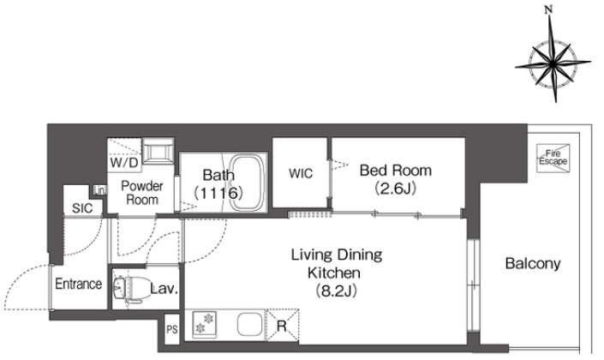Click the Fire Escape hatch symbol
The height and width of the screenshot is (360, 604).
click(x=553, y=158)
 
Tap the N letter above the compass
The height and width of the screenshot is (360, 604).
click(x=548, y=10)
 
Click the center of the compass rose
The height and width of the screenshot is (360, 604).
click(x=553, y=63)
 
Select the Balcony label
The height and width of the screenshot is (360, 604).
click(x=533, y=264)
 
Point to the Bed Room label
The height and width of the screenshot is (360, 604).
click(x=396, y=170)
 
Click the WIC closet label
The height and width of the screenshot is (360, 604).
click(x=301, y=173)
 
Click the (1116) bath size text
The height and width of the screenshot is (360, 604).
click(x=218, y=193)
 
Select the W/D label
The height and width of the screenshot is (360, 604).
click(x=124, y=163)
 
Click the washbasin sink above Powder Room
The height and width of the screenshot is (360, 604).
click(x=158, y=152)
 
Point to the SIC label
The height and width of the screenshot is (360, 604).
click(x=82, y=208)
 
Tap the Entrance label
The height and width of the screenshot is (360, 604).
click(x=79, y=284)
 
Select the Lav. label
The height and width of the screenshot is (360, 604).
click(x=164, y=289)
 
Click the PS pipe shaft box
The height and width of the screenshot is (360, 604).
click(x=172, y=330)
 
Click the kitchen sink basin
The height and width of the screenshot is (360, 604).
click(x=249, y=324)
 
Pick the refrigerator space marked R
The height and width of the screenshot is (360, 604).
click(x=283, y=325)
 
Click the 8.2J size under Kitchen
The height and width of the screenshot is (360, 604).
click(x=336, y=291)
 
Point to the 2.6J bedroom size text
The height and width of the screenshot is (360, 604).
click(x=396, y=189)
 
